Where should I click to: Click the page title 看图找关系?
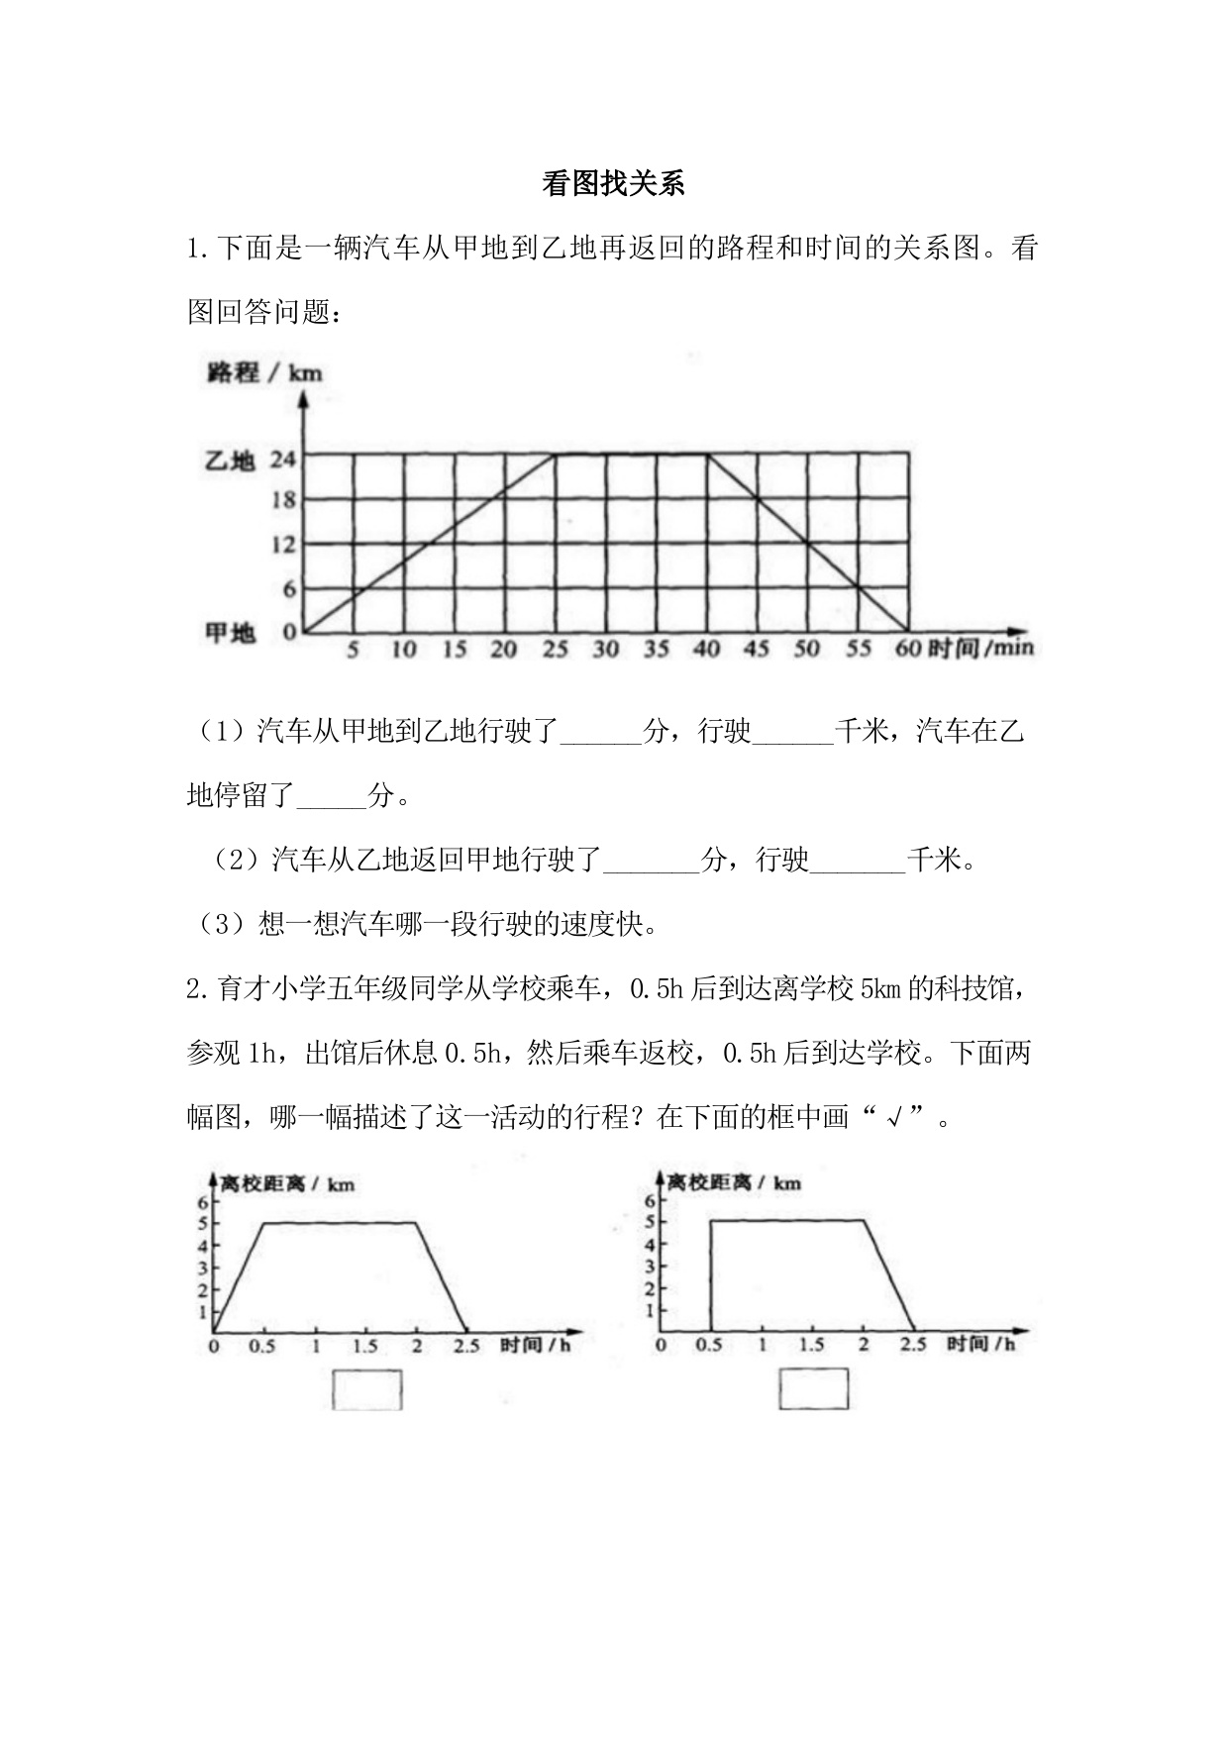click(613, 184)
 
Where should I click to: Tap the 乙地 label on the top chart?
click(230, 460)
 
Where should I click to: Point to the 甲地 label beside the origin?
click(230, 632)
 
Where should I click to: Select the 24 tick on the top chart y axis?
click(283, 460)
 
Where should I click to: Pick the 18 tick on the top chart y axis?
click(283, 500)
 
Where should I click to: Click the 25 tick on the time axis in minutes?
click(555, 650)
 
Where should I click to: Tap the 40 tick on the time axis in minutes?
click(706, 650)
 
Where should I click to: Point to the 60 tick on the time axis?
click(907, 650)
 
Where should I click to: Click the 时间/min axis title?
click(980, 649)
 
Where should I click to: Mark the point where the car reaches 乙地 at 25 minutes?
click(555, 455)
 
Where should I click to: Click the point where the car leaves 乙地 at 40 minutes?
click(707, 455)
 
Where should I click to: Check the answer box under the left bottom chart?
click(367, 1389)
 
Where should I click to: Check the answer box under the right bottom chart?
click(814, 1388)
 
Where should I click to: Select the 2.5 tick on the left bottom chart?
click(465, 1346)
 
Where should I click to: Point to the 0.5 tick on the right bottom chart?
click(709, 1345)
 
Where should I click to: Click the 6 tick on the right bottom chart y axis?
click(651, 1200)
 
